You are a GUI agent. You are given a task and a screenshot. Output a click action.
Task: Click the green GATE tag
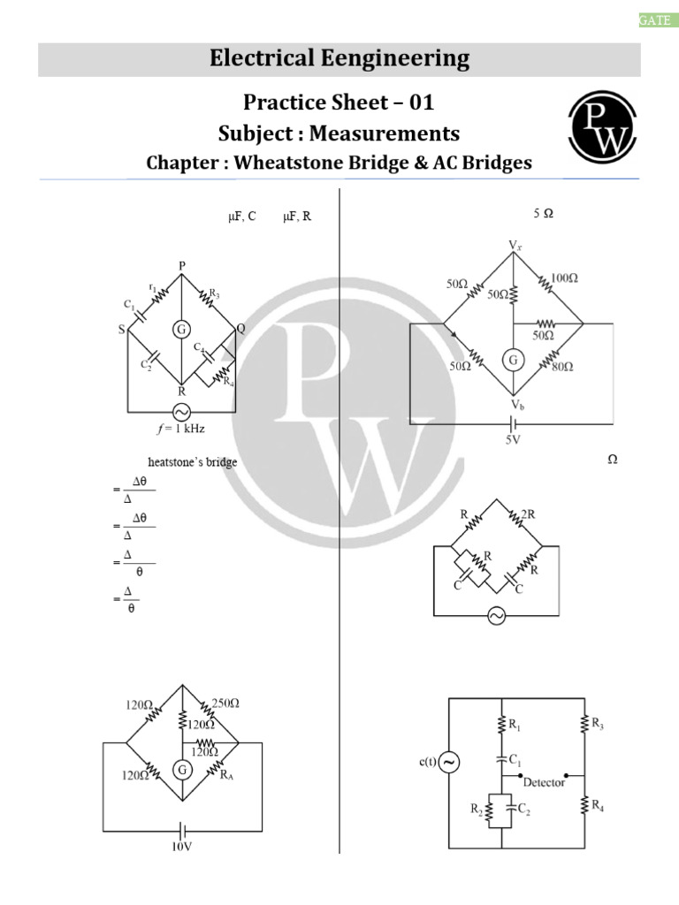coord(655,20)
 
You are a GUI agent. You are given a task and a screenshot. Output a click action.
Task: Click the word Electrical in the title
coord(263,59)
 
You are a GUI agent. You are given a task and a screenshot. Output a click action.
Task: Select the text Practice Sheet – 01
coord(339,103)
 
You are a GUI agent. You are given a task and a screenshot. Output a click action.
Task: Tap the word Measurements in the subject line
coord(396,133)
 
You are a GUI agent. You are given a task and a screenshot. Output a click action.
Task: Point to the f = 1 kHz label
coord(181,429)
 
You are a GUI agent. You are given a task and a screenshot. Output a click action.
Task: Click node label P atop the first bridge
coord(182,265)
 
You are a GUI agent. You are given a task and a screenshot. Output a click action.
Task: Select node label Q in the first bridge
coord(240,327)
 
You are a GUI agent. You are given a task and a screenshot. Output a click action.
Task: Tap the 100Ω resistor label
coord(563,278)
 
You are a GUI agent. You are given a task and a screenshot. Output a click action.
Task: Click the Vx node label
coord(515,244)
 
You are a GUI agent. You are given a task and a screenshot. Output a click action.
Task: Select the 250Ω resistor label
coord(226,703)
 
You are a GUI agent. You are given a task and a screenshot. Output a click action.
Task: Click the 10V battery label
coord(182,846)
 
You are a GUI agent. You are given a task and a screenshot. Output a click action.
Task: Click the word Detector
coord(544,782)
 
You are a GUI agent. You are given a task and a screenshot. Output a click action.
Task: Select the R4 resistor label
coord(598,805)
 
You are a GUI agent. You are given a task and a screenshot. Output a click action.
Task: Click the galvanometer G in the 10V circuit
coord(182,770)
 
